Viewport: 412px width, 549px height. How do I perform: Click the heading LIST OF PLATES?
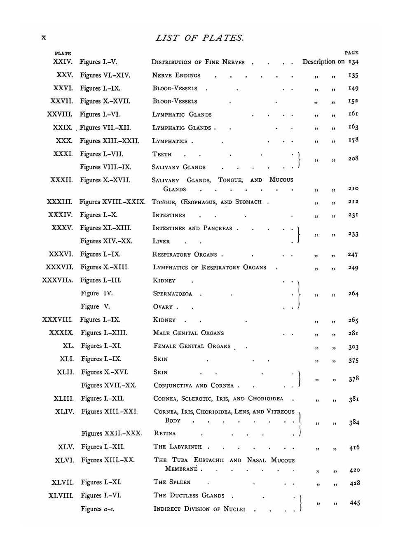tap(200, 38)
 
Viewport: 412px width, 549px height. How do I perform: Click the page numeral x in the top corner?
tap(44, 37)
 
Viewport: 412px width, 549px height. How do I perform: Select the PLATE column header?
tap(63, 54)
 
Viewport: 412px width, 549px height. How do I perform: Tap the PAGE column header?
tap(351, 53)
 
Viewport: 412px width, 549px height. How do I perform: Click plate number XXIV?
tap(63, 62)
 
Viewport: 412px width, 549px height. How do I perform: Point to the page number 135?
tap(353, 75)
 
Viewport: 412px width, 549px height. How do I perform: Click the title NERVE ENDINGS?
tap(176, 75)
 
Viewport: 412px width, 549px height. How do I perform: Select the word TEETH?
tap(162, 154)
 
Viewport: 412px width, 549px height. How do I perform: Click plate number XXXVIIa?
tap(58, 280)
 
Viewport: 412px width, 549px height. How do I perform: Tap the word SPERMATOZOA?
tap(173, 294)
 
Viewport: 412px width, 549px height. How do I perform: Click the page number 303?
tap(353, 347)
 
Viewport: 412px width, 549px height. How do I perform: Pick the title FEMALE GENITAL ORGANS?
tap(192, 346)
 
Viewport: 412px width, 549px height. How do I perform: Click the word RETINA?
tap(165, 433)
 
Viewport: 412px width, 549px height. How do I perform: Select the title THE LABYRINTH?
tap(178, 447)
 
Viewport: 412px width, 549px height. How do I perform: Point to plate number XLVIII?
tap(61, 495)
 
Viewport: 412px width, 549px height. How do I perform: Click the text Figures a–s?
tap(98, 509)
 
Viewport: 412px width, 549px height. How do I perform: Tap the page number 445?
tap(355, 503)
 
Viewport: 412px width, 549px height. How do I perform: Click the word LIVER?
tap(161, 241)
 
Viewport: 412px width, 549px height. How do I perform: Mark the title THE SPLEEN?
tap(172, 482)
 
